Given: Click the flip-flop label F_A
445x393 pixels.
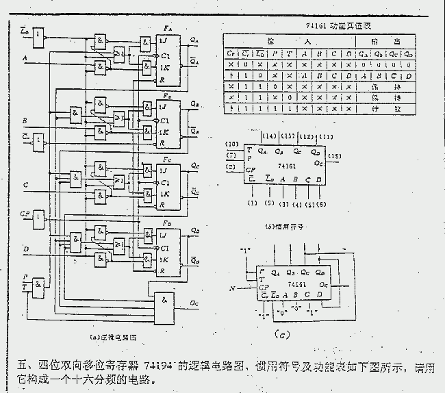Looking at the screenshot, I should coord(168,27).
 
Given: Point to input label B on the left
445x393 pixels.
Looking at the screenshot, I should coord(25,121).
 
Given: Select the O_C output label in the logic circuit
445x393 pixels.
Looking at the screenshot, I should coord(196,302).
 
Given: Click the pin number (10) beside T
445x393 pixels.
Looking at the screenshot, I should coord(233,144).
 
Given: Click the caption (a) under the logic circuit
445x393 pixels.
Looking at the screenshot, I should coord(114,336).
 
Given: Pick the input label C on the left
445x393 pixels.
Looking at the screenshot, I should coord(25,185).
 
